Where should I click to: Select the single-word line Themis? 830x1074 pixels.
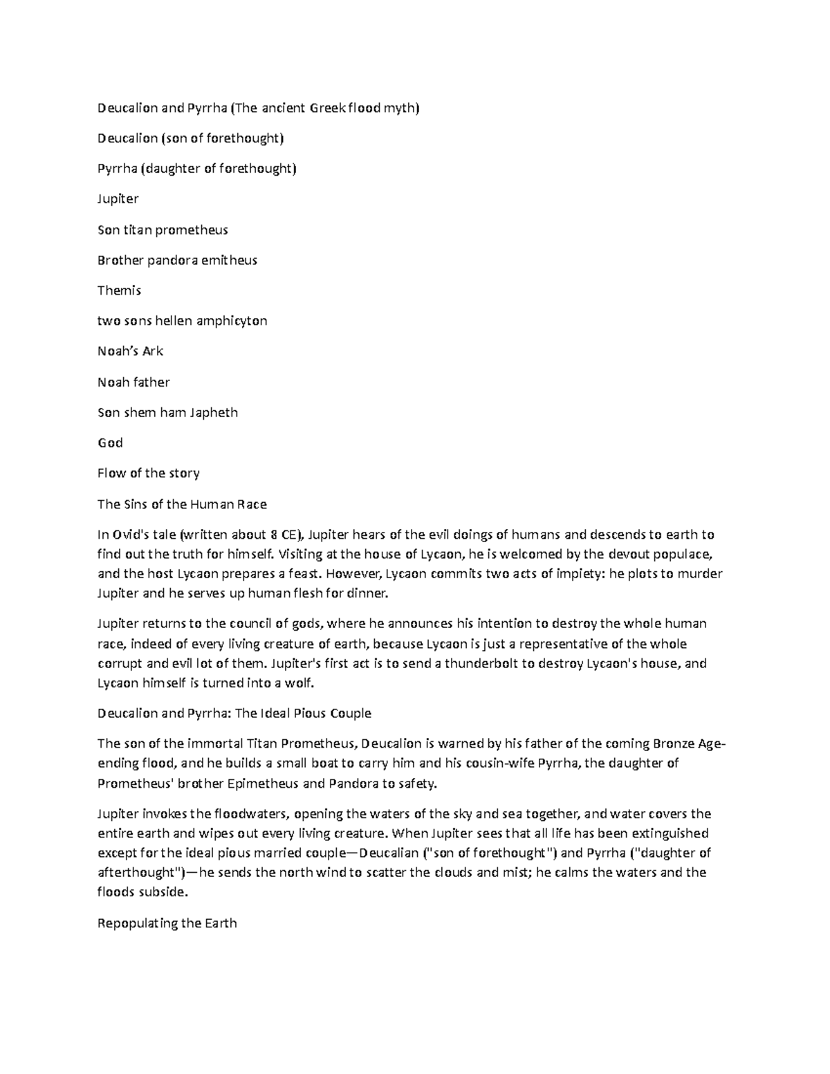pyautogui.click(x=119, y=290)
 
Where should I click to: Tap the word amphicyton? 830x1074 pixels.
pyautogui.click(x=232, y=321)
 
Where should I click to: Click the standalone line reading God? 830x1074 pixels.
pyautogui.click(x=110, y=443)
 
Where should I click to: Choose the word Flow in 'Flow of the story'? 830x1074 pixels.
pyautogui.click(x=111, y=473)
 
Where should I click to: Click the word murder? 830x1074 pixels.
pyautogui.click(x=700, y=573)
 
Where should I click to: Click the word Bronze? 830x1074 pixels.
pyautogui.click(x=673, y=744)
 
